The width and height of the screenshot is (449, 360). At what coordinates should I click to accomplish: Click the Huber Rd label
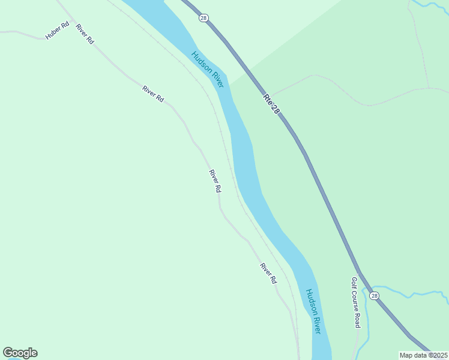58,31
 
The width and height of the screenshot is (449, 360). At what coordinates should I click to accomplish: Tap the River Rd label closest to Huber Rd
85,34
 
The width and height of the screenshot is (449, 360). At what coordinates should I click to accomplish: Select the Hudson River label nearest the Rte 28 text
208,70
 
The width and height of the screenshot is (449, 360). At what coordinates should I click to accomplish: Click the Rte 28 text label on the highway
271,103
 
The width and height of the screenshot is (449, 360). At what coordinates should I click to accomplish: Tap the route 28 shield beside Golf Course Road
375,296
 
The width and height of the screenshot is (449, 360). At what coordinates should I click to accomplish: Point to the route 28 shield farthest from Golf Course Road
203,19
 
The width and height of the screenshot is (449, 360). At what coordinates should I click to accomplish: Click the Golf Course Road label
355,302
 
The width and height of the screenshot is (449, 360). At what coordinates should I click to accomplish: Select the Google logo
20,353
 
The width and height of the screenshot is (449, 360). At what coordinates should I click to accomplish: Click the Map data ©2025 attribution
424,355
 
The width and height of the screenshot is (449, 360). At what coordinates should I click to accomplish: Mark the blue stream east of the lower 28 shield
414,294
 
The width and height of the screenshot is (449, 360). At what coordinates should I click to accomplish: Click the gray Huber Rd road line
24,33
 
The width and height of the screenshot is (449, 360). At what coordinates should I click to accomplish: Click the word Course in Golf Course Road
355,302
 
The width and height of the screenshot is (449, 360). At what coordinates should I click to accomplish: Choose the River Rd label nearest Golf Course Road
268,273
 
